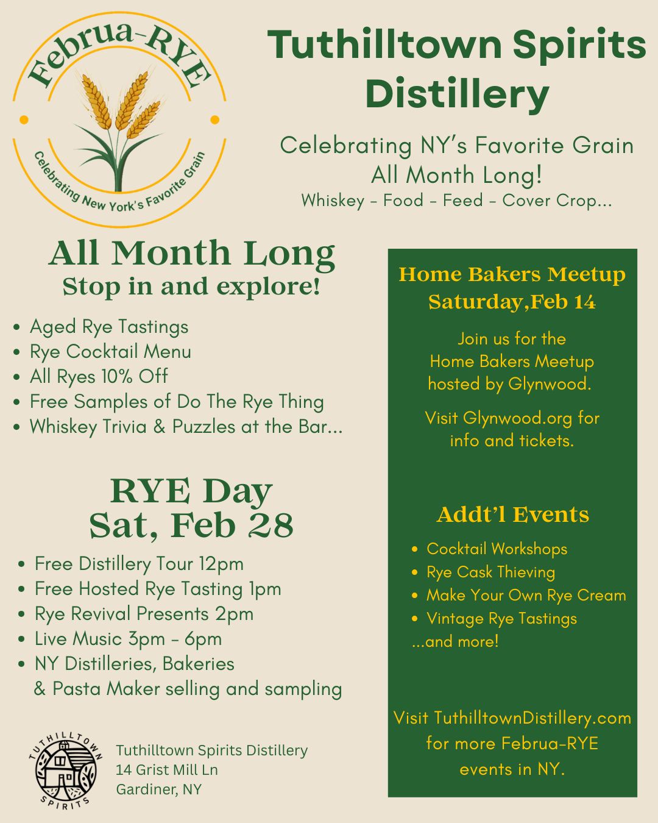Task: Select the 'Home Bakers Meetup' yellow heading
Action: click(x=512, y=275)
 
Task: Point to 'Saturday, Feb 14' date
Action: click(x=512, y=302)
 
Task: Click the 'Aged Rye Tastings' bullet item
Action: click(x=109, y=327)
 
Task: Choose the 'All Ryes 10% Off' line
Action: click(x=99, y=377)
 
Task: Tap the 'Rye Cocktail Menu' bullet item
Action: click(x=110, y=352)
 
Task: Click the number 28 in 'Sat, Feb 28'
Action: click(x=271, y=526)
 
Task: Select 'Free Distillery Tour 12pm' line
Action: click(x=139, y=565)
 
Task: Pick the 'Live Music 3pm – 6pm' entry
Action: click(x=129, y=639)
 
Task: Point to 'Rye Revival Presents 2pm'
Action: click(x=144, y=614)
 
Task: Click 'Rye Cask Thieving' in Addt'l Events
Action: click(x=490, y=572)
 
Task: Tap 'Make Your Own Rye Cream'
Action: click(x=526, y=596)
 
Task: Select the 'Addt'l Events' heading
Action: click(x=513, y=515)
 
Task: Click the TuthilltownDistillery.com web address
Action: click(x=532, y=718)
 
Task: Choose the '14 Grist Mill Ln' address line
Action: click(x=167, y=769)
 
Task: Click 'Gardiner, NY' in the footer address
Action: click(x=158, y=789)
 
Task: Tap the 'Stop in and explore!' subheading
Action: click(x=191, y=287)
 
